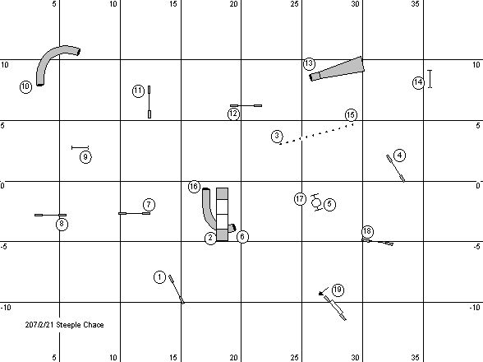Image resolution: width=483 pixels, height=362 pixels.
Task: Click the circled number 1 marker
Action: pyautogui.click(x=159, y=277)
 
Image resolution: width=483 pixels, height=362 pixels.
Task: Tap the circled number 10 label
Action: pyautogui.click(x=26, y=86)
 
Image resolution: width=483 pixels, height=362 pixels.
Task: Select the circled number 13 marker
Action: pyautogui.click(x=309, y=63)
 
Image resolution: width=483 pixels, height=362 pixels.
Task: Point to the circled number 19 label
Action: pyautogui.click(x=338, y=290)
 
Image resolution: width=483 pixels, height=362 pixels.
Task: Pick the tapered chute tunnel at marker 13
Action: pyautogui.click(x=338, y=69)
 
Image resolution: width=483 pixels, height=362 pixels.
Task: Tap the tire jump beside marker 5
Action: pyautogui.click(x=316, y=202)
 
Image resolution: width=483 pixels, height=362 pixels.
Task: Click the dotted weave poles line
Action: pyautogui.click(x=316, y=133)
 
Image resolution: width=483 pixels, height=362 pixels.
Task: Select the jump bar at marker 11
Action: pyautogui.click(x=149, y=102)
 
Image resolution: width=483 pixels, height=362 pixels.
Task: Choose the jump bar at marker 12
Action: pyautogui.click(x=246, y=105)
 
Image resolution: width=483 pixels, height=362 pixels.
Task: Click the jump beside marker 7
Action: pyautogui.click(x=135, y=213)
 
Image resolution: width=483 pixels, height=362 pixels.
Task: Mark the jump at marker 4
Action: pyautogui.click(x=396, y=168)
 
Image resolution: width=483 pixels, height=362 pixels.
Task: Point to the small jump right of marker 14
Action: pyautogui.click(x=430, y=79)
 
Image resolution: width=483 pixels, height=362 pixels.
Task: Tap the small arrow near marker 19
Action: pyautogui.click(x=323, y=291)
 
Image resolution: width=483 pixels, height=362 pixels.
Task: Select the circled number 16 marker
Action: pyautogui.click(x=194, y=187)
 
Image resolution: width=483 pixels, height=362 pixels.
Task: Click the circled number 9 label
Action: pyautogui.click(x=85, y=157)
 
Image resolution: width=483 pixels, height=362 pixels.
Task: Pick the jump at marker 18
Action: pyautogui.click(x=377, y=242)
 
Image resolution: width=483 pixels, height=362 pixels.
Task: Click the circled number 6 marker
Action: pyautogui.click(x=242, y=237)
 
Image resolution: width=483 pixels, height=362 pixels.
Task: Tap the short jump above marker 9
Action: pyautogui.click(x=80, y=148)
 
